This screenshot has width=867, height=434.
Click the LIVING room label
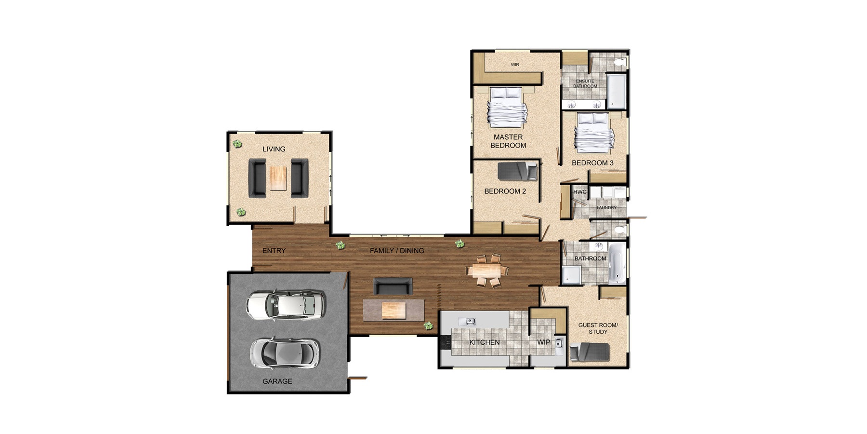(274, 149)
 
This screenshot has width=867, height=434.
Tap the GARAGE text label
(277, 381)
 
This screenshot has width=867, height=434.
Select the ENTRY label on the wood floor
(274, 251)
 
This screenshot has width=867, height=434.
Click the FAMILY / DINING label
(397, 251)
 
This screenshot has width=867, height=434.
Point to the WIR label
(515, 65)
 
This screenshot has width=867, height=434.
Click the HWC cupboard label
(579, 192)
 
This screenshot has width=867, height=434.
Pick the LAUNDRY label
(606, 208)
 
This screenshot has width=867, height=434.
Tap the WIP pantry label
(543, 342)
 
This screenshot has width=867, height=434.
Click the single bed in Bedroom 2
(517, 171)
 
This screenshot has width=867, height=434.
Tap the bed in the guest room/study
(590, 352)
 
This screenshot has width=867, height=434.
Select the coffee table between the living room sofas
(278, 178)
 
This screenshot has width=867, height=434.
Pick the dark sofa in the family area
(393, 286)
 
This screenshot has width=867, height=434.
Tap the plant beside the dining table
(460, 244)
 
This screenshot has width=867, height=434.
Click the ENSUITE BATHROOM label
(585, 84)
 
